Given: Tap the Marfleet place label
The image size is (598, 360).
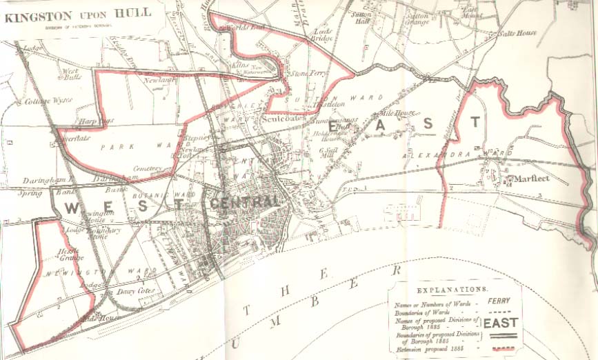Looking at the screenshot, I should point(531,179).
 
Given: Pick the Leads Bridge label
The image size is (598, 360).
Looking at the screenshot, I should point(323,35).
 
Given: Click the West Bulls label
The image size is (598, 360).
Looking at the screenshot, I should point(72,73).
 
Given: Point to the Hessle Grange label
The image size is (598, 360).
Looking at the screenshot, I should point(69,254).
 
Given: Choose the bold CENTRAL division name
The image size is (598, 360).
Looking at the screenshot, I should point(246,202).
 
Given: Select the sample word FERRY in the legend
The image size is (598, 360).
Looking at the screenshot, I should point(499,301).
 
